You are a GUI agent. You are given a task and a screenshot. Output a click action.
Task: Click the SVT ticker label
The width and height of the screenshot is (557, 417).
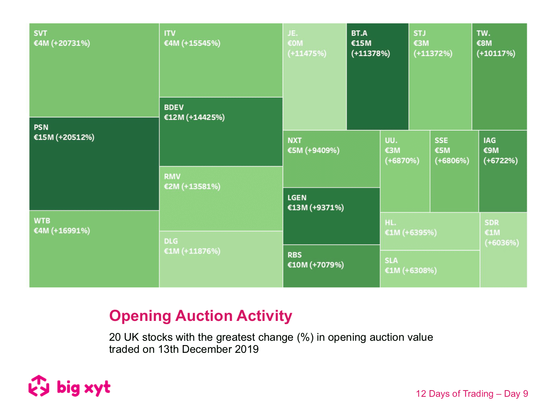pyautogui.click(x=40, y=33)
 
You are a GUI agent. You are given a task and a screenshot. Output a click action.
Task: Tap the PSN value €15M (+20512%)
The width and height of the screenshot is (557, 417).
pyautogui.click(x=64, y=137)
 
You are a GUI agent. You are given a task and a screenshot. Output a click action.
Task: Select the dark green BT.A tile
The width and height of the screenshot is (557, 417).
pyautogui.click(x=377, y=89)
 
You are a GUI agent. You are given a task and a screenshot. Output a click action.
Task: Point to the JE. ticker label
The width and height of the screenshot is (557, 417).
pyautogui.click(x=293, y=33)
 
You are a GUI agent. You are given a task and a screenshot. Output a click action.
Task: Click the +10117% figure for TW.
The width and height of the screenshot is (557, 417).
pyautogui.click(x=496, y=54)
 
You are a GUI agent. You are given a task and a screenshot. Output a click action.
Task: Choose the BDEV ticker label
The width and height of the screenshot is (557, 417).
pyautogui.click(x=174, y=107)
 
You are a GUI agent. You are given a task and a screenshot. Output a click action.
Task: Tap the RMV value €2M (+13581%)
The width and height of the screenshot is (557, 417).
pyautogui.click(x=192, y=187)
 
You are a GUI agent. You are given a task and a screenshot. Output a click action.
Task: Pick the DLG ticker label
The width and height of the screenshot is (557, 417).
pyautogui.click(x=171, y=241)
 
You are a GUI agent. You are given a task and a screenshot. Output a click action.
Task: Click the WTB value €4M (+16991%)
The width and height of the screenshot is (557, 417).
pyautogui.click(x=62, y=231)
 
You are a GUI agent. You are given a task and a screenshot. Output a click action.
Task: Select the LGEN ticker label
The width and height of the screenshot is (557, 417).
pyautogui.click(x=297, y=198)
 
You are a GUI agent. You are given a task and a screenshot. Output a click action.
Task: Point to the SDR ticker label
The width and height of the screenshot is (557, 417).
pyautogui.click(x=492, y=223)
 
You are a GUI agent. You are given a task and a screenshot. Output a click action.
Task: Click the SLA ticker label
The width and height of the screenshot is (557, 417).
pyautogui.click(x=391, y=261)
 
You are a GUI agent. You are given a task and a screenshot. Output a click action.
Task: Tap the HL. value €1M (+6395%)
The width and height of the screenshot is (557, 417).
pyautogui.click(x=411, y=233)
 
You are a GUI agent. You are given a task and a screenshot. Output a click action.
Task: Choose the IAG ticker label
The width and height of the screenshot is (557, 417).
pyautogui.click(x=490, y=140)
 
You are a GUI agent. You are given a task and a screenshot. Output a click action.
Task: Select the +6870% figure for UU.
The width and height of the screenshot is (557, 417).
pyautogui.click(x=402, y=161)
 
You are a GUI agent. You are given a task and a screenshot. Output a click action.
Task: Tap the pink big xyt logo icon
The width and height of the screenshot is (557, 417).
pyautogui.click(x=39, y=386)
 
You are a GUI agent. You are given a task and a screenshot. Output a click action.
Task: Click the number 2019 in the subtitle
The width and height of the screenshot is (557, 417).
pyautogui.click(x=247, y=349)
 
